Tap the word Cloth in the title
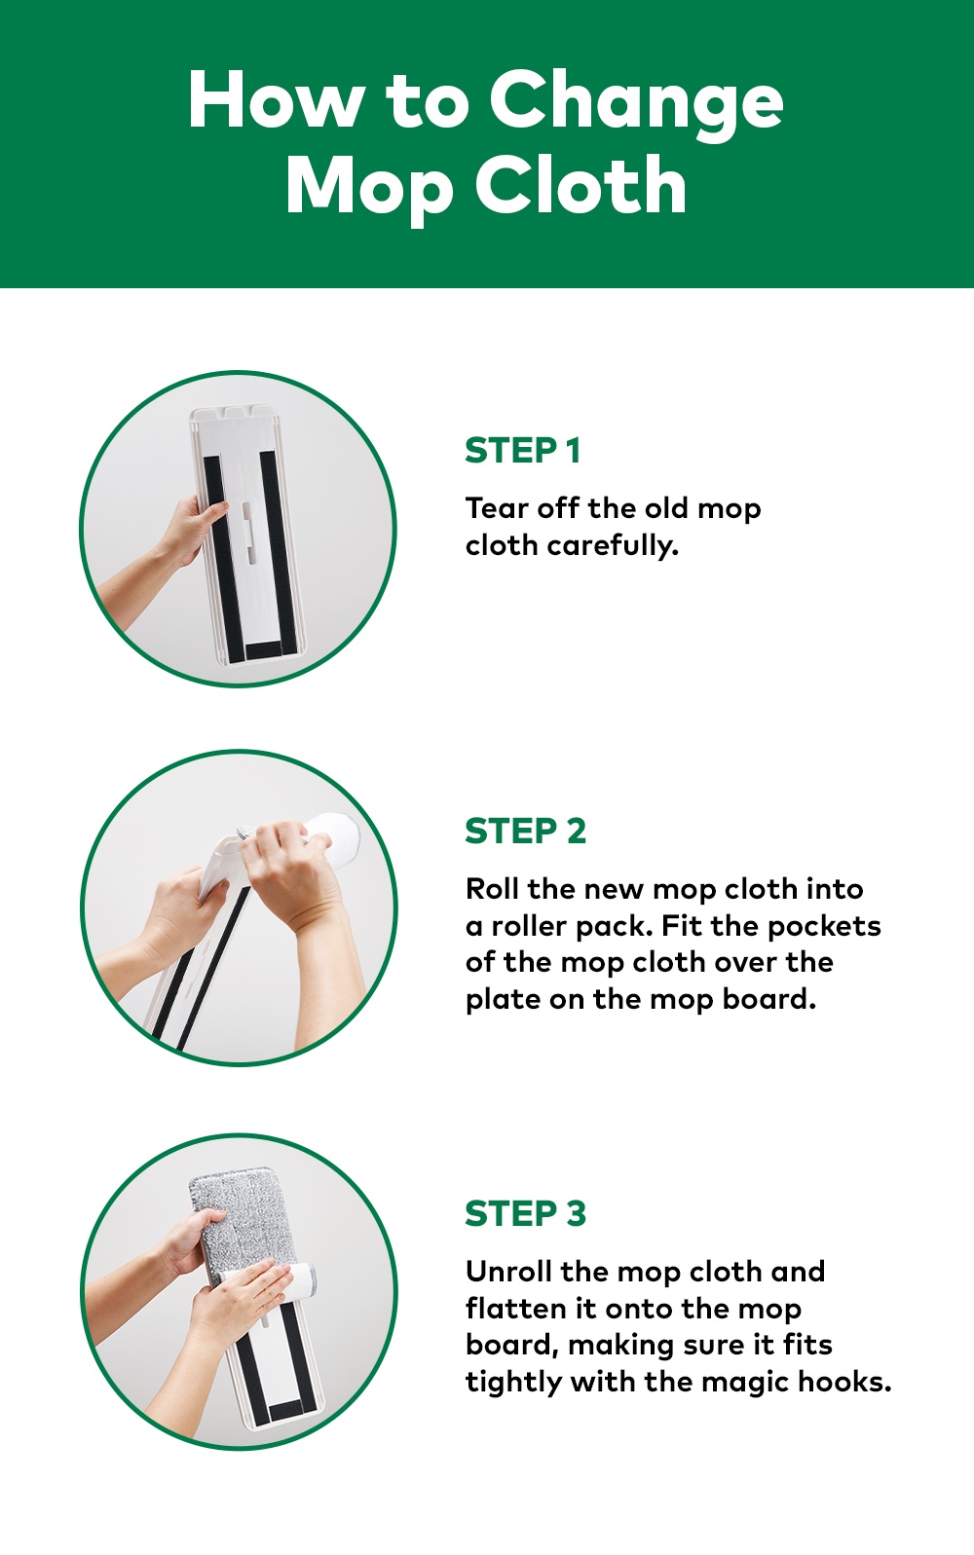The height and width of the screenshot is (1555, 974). coord(581,185)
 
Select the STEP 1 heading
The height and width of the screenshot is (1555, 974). coord(523,451)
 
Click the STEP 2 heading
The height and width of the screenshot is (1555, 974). coord(526,831)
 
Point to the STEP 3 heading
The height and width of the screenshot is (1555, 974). coord(526,1214)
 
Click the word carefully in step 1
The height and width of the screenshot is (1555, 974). coord(612,545)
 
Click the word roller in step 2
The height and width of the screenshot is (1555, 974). coord(529,926)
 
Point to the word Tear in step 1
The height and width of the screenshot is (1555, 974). coord(492,509)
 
